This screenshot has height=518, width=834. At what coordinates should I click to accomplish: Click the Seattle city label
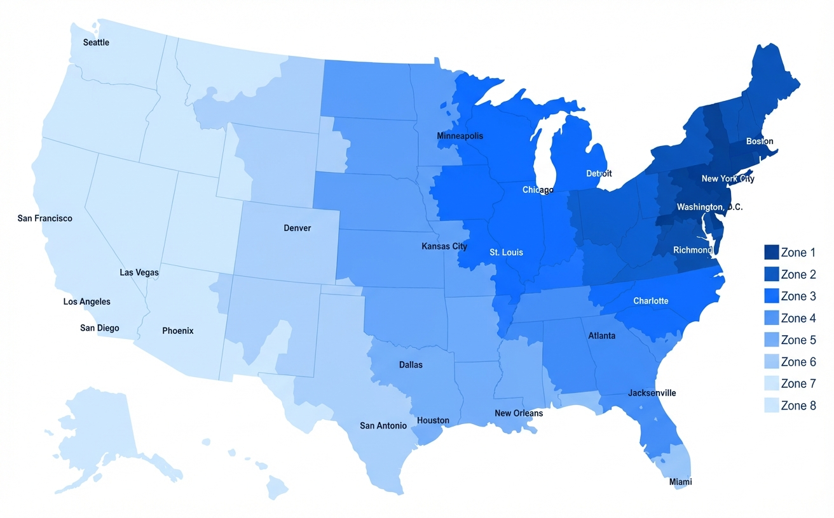(x=97, y=43)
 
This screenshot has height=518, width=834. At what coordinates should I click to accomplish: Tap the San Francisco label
(x=45, y=218)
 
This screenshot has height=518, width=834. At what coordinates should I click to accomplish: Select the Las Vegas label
(x=139, y=272)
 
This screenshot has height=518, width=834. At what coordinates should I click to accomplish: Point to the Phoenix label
(x=178, y=331)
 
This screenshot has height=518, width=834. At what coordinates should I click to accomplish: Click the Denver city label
(x=297, y=228)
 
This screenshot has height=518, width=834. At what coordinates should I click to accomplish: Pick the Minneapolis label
(x=460, y=136)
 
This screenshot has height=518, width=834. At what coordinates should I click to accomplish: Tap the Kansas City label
(x=444, y=246)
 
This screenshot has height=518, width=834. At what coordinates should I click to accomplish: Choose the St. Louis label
(x=507, y=252)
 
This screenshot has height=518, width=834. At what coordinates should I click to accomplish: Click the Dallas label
(x=411, y=365)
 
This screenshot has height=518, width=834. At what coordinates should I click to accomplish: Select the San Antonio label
(x=383, y=425)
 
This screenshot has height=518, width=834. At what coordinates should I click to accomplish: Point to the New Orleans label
(x=519, y=413)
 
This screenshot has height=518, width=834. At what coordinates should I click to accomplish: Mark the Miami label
(x=680, y=482)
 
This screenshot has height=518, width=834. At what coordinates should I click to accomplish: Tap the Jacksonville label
(x=652, y=393)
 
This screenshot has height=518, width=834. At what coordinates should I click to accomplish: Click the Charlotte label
(x=651, y=301)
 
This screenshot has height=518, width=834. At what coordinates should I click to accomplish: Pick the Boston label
(x=760, y=141)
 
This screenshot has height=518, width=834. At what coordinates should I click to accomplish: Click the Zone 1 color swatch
(x=771, y=252)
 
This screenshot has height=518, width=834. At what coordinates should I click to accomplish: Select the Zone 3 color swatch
(x=771, y=296)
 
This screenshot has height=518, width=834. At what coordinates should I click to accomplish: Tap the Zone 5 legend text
(x=798, y=340)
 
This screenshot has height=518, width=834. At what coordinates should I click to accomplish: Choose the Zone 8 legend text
(x=798, y=406)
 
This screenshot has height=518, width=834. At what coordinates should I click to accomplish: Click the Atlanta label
(x=602, y=335)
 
